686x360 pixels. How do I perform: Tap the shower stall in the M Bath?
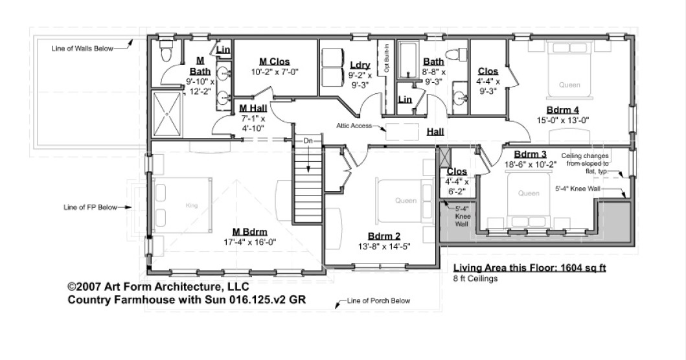167,113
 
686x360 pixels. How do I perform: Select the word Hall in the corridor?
435,131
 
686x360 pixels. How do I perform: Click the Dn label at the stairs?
308,141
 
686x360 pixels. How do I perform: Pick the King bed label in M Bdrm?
191,206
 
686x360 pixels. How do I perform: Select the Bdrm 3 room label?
530,154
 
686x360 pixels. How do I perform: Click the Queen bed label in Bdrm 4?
570,85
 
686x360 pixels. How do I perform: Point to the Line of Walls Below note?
82,48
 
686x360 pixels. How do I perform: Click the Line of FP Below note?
91,208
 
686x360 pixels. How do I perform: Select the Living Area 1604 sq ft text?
529,268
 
